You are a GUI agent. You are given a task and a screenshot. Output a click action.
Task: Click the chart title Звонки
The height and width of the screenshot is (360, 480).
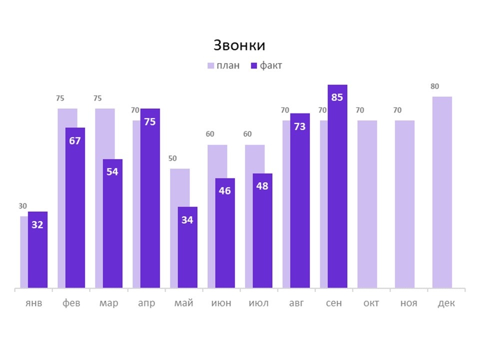(239, 45)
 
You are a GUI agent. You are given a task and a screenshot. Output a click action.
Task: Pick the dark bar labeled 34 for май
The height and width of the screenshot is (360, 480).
(187, 250)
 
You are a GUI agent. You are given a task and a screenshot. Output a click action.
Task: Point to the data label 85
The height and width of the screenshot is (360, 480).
(337, 97)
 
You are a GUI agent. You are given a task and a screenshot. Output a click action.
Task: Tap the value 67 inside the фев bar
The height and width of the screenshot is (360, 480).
(75, 140)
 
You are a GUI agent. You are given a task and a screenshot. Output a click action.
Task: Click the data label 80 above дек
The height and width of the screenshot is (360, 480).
(434, 86)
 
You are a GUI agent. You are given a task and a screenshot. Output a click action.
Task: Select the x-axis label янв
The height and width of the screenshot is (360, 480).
(34, 303)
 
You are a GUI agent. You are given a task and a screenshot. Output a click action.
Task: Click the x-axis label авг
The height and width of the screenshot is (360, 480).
(296, 303)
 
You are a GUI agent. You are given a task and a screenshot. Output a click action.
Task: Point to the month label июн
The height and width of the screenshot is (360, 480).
(221, 303)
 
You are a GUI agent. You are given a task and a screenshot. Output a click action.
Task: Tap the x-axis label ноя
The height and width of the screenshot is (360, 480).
(408, 303)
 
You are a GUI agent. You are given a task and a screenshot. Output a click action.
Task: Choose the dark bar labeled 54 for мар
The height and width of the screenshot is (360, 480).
(112, 225)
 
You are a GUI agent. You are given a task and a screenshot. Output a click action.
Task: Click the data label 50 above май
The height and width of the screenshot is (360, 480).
(172, 158)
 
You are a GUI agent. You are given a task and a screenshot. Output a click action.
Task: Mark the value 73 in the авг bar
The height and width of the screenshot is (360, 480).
(299, 126)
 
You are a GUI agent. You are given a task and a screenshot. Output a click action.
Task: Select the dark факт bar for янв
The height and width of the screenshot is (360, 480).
(37, 255)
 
